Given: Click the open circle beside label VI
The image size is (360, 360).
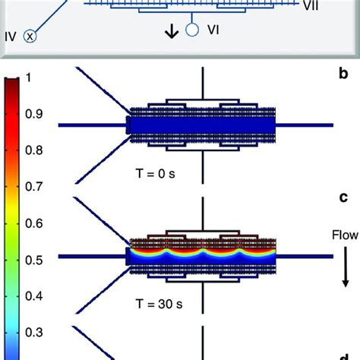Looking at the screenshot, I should tap(193, 31).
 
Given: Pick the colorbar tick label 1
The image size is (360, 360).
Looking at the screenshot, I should tap(29, 78).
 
